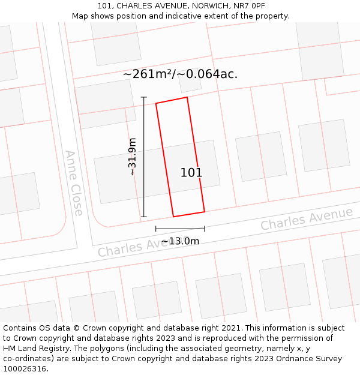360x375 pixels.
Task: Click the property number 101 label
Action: coord(191,173)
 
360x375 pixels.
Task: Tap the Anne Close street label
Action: coord(74,183)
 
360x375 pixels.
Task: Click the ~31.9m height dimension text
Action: coord(132,157)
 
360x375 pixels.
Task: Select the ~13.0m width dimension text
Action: coord(180,241)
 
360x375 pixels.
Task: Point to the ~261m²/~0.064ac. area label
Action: coord(180,74)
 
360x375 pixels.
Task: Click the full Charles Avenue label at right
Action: coord(307,219)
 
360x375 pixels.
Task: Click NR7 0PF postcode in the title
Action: coord(251,6)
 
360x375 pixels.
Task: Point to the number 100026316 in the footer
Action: coord(24,369)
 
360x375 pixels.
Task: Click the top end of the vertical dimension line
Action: coord(144,97)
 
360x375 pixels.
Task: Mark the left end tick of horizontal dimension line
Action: coord(156,229)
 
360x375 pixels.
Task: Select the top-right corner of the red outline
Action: coord(187,97)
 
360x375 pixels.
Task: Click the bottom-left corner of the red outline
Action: coord(173,217)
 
